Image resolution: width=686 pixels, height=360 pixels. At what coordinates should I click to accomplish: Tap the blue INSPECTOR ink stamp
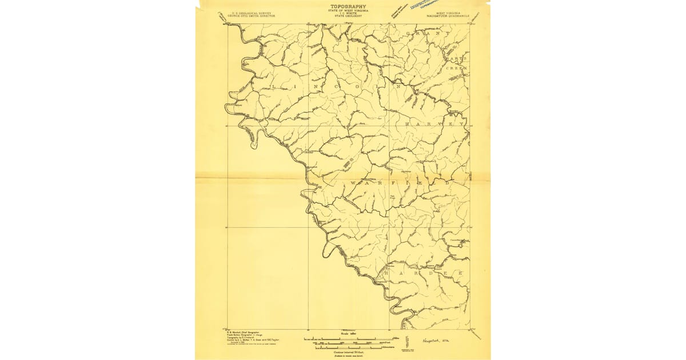(426, 6)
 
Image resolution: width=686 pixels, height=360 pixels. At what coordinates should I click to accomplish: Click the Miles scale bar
(341, 340)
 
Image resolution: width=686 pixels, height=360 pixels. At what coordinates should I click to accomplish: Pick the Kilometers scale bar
(341, 347)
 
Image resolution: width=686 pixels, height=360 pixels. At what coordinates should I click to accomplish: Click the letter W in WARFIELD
(353, 183)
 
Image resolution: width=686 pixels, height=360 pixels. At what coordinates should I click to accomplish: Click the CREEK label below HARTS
(457, 68)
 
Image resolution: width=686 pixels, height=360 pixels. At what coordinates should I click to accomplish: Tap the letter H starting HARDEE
(388, 274)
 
